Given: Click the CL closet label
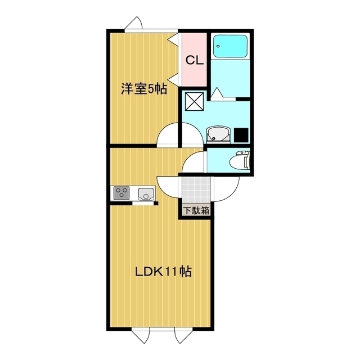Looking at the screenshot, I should click(195, 59).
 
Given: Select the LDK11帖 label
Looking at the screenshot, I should click(164, 273).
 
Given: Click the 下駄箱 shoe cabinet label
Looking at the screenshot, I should click(195, 211).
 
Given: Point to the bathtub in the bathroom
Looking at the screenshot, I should click(231, 46).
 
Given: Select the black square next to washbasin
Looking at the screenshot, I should click(241, 135).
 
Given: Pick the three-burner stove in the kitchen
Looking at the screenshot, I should click(121, 193).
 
